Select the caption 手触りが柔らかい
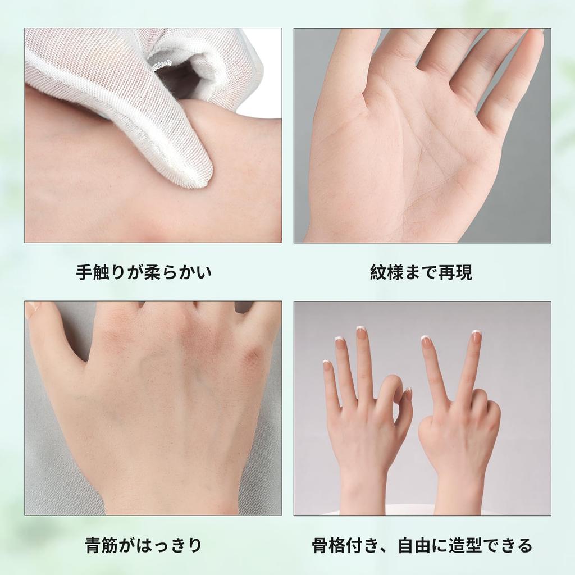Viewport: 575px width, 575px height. point(144,273)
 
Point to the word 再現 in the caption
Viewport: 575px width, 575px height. point(455,273)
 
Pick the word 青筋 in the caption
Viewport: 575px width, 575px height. point(101,545)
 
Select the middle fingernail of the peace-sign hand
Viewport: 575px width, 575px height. point(476,337)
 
